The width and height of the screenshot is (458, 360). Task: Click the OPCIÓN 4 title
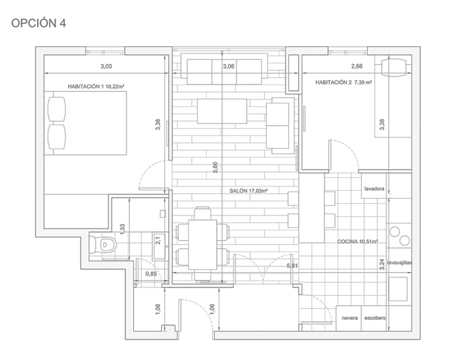pos(39,23)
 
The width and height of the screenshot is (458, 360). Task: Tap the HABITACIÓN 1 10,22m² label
pos(96,86)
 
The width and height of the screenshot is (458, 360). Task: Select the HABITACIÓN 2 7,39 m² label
pos(343,82)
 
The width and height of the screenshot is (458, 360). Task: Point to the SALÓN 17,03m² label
pos(248,191)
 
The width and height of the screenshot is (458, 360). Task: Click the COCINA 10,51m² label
pos(358,242)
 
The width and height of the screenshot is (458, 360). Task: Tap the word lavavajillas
pos(399,262)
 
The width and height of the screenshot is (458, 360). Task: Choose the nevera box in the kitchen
pos(349,318)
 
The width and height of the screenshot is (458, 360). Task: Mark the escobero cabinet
pos(374,318)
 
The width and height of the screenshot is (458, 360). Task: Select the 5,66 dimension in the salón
pos(215,167)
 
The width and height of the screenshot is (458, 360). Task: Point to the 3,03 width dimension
pos(106,66)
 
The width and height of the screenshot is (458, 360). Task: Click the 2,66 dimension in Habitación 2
pos(357,66)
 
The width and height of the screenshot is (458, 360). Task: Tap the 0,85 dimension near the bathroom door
pos(151,274)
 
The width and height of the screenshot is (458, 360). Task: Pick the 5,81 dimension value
pos(292,266)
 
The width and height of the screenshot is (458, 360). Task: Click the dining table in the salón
pos(203,245)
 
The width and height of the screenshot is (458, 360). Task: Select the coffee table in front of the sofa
pos(222,111)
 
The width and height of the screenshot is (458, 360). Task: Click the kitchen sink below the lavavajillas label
pos(398,289)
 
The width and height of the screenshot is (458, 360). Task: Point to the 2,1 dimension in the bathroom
pos(158,241)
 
